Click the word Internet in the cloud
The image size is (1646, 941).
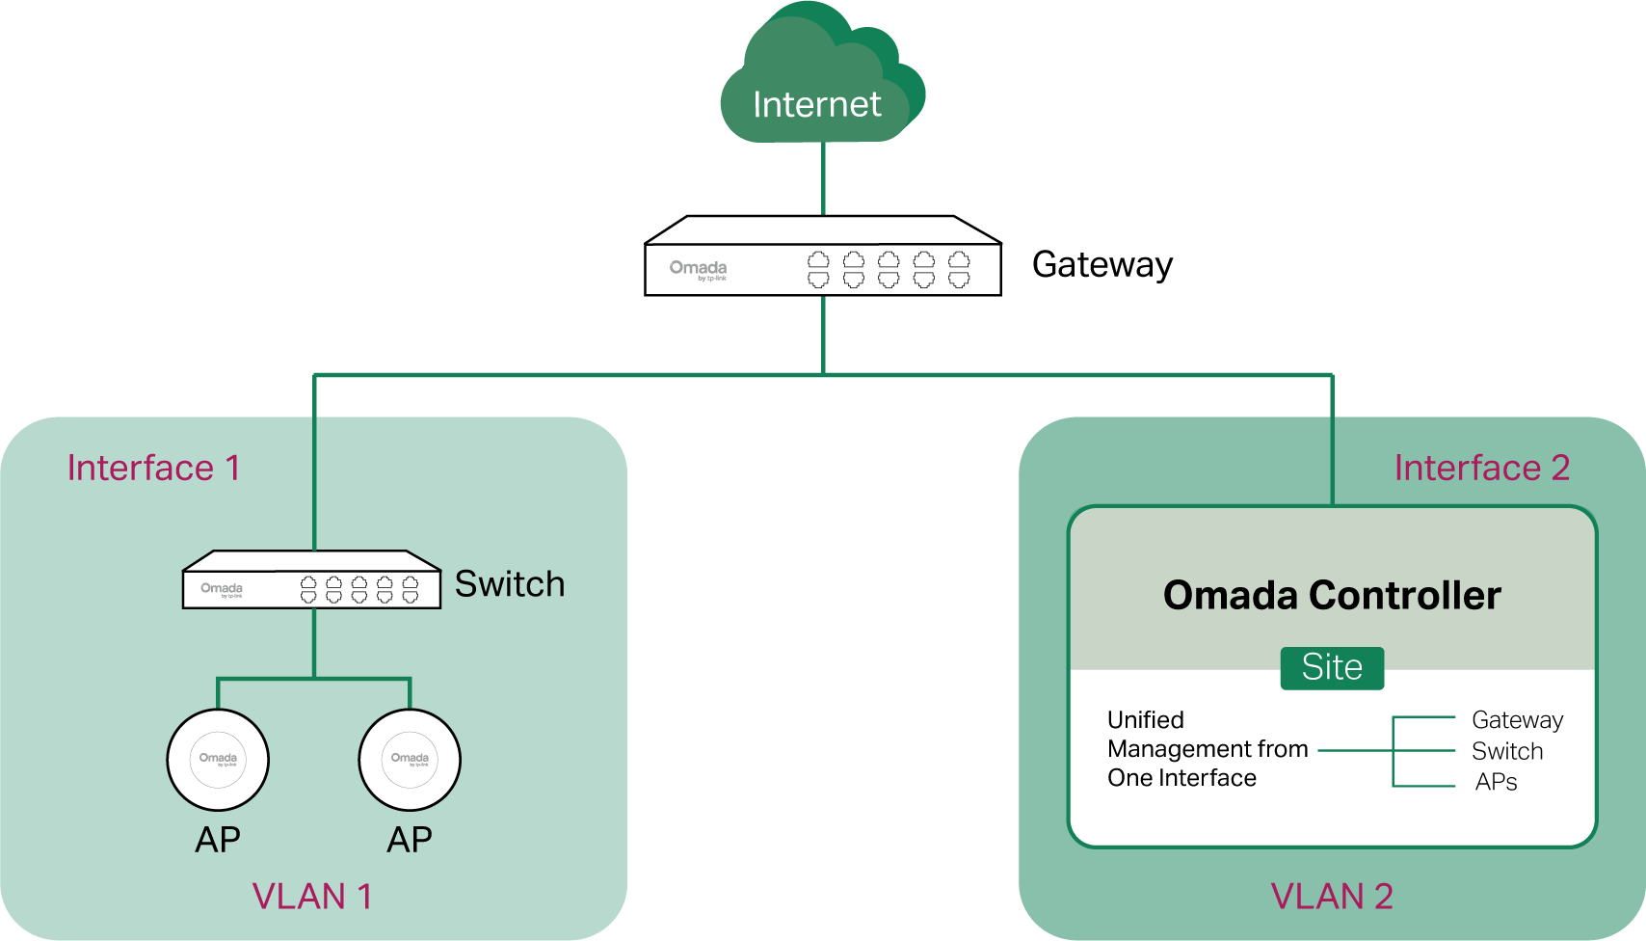click(x=816, y=104)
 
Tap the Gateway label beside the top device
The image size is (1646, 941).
click(x=1102, y=265)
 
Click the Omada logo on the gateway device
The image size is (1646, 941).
click(x=698, y=269)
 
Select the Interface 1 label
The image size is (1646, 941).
click(x=153, y=468)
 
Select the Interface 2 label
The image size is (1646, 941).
click(x=1481, y=468)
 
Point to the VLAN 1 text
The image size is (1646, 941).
click(x=311, y=897)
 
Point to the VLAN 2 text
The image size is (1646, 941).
click(x=1332, y=897)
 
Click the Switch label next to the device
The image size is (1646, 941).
click(x=509, y=584)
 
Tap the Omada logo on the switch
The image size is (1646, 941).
click(x=221, y=589)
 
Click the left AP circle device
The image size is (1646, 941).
click(x=218, y=761)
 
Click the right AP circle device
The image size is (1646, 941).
click(x=410, y=761)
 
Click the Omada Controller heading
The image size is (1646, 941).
click(x=1332, y=596)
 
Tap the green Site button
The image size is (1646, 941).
click(x=1332, y=668)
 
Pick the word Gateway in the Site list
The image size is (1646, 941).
click(x=1517, y=720)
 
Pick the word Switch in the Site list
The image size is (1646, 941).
click(x=1507, y=751)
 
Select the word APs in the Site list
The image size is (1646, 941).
click(x=1496, y=782)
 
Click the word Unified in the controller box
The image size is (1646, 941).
click(x=1145, y=720)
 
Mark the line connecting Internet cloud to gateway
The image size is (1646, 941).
click(x=823, y=179)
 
